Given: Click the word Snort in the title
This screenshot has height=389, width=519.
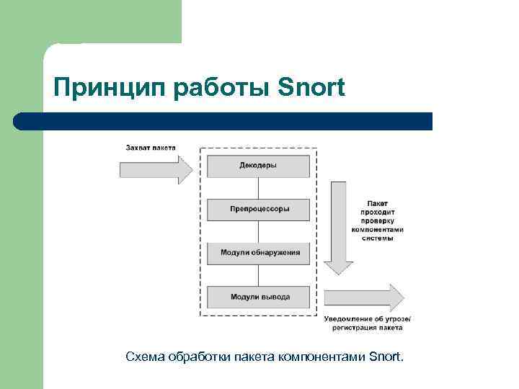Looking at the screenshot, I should [311, 88].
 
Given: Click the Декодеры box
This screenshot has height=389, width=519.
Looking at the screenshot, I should [258, 166].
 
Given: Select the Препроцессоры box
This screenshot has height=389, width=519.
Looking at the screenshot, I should [258, 210].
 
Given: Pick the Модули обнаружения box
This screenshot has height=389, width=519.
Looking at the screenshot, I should [258, 254].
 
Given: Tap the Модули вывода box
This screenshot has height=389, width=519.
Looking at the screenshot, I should [258, 297].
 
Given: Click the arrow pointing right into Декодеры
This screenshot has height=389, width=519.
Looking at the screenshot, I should [156, 170].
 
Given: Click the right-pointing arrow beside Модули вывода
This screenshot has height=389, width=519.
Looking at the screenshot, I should [364, 298].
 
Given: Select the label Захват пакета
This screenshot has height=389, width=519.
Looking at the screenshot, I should [151, 148].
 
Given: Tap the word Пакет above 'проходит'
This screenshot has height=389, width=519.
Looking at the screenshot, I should [378, 204].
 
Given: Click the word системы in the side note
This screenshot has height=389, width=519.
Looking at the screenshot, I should [378, 238].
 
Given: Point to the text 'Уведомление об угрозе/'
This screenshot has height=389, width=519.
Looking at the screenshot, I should [368, 318].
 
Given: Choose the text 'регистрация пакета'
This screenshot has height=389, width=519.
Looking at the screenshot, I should [368, 328].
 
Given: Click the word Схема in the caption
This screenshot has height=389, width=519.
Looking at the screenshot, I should [144, 357].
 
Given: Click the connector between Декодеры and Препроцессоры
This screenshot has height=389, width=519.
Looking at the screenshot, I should [258, 188].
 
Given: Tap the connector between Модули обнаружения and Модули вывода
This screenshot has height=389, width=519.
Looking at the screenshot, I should [258, 275].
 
